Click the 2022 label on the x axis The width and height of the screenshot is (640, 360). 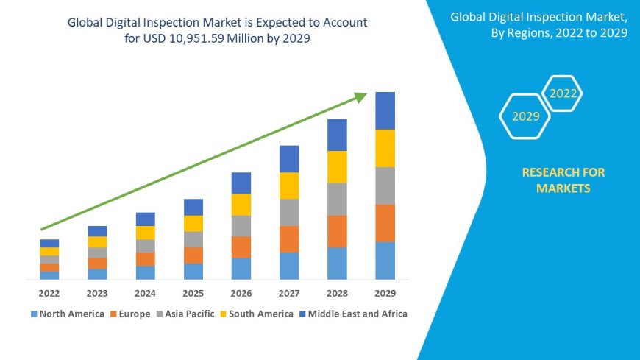click(x=49, y=292)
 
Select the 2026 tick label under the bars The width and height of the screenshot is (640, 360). click(x=241, y=292)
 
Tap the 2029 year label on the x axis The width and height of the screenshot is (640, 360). click(x=385, y=292)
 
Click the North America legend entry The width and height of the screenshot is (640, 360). click(x=67, y=314)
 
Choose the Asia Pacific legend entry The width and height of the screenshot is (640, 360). click(x=185, y=314)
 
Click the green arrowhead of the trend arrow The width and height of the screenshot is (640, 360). click(x=360, y=96)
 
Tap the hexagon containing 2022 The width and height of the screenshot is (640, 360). click(x=563, y=93)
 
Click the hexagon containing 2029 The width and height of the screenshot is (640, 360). click(x=525, y=116)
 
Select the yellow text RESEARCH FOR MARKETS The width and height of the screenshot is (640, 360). click(x=563, y=180)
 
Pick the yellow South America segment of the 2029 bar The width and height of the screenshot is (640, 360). click(x=385, y=148)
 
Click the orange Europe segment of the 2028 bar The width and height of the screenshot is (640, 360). click(x=337, y=231)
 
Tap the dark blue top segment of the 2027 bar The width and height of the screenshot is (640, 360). click(x=289, y=159)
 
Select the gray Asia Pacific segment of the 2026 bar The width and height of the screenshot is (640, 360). click(x=241, y=226)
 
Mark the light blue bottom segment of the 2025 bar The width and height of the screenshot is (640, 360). click(x=193, y=271)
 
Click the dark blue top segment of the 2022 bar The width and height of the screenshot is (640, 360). click(x=49, y=243)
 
